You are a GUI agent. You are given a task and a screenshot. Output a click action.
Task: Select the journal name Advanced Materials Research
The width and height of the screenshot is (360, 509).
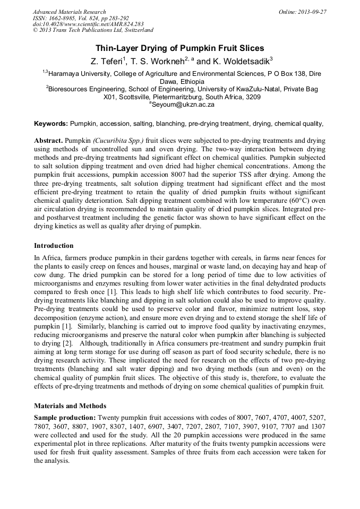coord(69,12)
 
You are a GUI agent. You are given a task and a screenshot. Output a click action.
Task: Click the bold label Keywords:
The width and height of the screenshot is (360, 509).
coord(50,124)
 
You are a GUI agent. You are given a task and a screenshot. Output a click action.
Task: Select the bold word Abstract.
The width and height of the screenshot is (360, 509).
coord(48,141)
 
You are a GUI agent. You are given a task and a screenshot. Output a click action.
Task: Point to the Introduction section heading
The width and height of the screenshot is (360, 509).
coord(54,246)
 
